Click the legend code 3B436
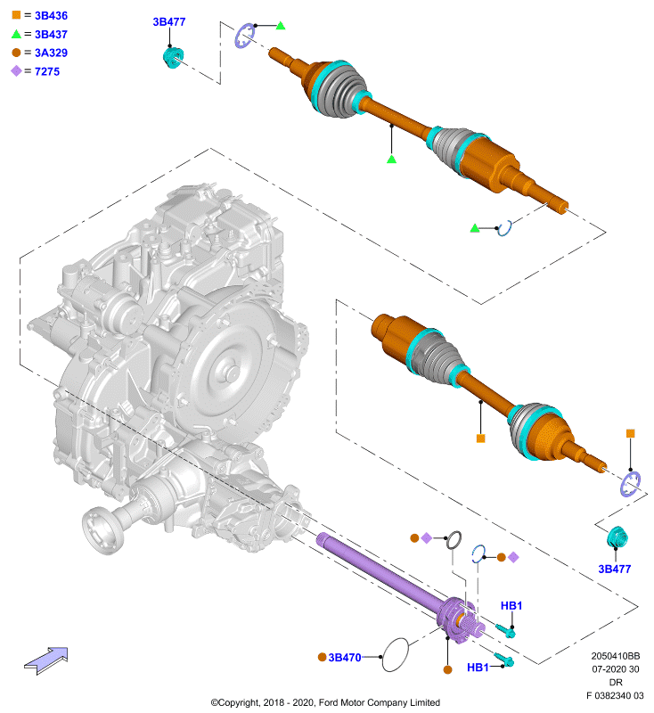tap(51, 15)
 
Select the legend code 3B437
tap(51, 35)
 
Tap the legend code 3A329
tap(51, 53)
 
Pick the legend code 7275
tap(47, 71)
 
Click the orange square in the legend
tap(16, 15)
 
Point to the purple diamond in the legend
tap(16, 71)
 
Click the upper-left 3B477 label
tap(169, 21)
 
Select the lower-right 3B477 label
tap(615, 569)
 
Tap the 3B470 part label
tap(345, 658)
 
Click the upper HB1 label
tap(511, 606)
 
